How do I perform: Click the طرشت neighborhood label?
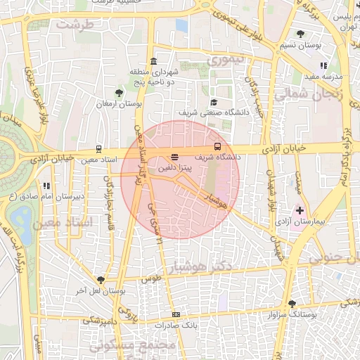(75, 24)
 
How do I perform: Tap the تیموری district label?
(226, 60)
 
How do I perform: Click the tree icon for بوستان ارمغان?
(119, 92)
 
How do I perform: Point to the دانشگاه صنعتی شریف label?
(206, 112)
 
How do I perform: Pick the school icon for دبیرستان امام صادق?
(46, 186)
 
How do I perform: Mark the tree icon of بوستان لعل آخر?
(102, 279)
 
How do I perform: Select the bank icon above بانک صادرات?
(176, 314)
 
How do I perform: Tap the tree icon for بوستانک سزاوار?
(292, 304)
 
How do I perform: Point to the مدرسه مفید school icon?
(323, 65)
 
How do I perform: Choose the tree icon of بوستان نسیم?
(301, 34)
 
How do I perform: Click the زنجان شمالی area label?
(308, 94)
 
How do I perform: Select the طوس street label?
(151, 278)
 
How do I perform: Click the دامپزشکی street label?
(101, 321)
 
